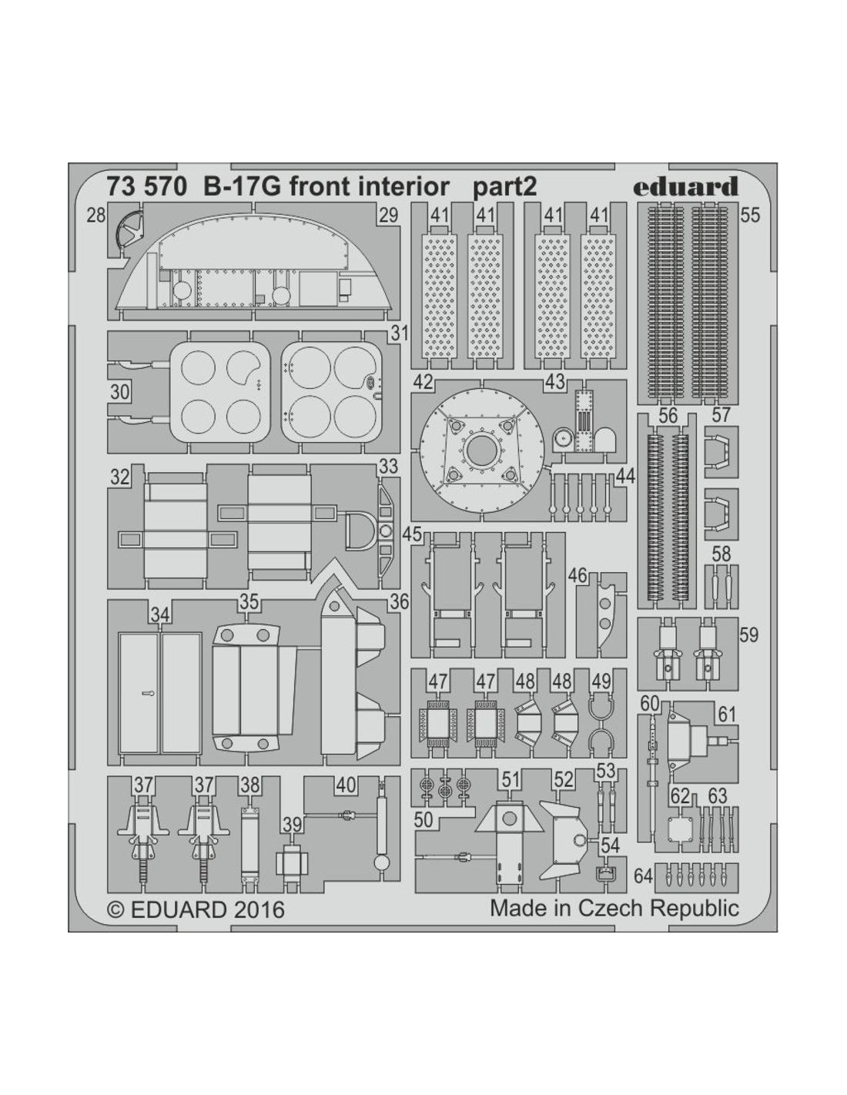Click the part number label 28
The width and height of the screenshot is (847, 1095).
pyautogui.click(x=95, y=216)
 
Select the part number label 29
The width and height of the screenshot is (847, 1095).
pyautogui.click(x=388, y=215)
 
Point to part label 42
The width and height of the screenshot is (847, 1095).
pyautogui.click(x=423, y=383)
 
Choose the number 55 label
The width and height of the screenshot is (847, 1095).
pyautogui.click(x=749, y=215)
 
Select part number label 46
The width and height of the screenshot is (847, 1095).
pyautogui.click(x=577, y=575)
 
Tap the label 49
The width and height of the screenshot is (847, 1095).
pyautogui.click(x=601, y=681)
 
